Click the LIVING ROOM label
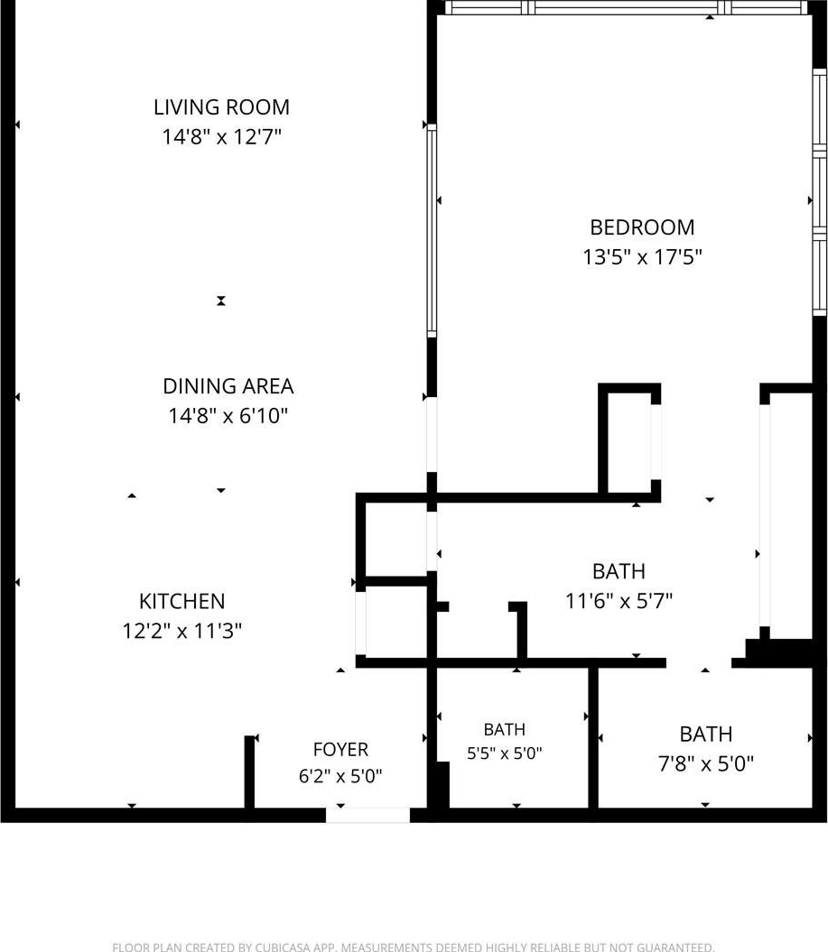221,106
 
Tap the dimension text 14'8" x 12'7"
222,136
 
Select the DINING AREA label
228,386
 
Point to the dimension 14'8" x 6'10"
228,416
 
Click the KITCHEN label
182,601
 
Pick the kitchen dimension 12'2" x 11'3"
182,631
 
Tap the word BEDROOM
642,227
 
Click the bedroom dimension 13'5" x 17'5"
642,257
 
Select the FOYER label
340,750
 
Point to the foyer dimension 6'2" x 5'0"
340,776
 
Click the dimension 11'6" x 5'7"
619,601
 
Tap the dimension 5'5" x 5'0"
504,753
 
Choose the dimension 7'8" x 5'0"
706,763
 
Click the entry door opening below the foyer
368,815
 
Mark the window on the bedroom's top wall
627,7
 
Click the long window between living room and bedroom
432,231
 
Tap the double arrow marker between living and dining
221,300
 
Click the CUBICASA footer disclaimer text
413,947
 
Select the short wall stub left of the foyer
249,772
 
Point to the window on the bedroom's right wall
820,191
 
